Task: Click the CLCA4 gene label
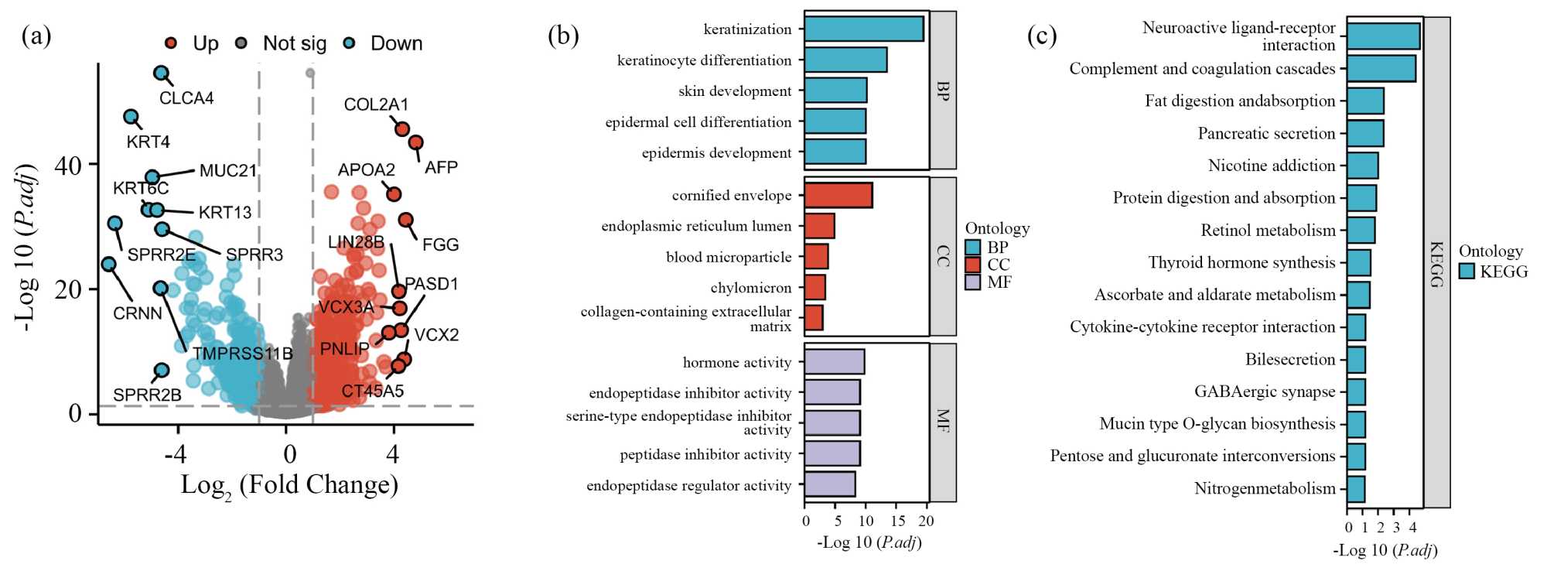point(186,98)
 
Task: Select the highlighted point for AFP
point(415,142)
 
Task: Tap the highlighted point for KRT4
point(131,117)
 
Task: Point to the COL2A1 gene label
point(376,104)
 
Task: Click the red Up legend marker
point(171,43)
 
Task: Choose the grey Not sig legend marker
point(241,43)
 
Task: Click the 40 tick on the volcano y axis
point(68,165)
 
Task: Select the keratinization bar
point(864,29)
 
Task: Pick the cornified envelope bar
point(838,195)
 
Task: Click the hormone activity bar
point(834,362)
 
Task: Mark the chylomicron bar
point(814,287)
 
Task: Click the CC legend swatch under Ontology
point(973,265)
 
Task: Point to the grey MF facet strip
point(942,422)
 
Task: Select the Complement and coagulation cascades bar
point(1381,69)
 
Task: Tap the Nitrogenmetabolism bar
point(1355,489)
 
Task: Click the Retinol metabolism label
point(1267,230)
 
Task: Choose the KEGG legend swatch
point(1467,271)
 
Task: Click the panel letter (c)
point(1041,36)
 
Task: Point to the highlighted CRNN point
point(108,265)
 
